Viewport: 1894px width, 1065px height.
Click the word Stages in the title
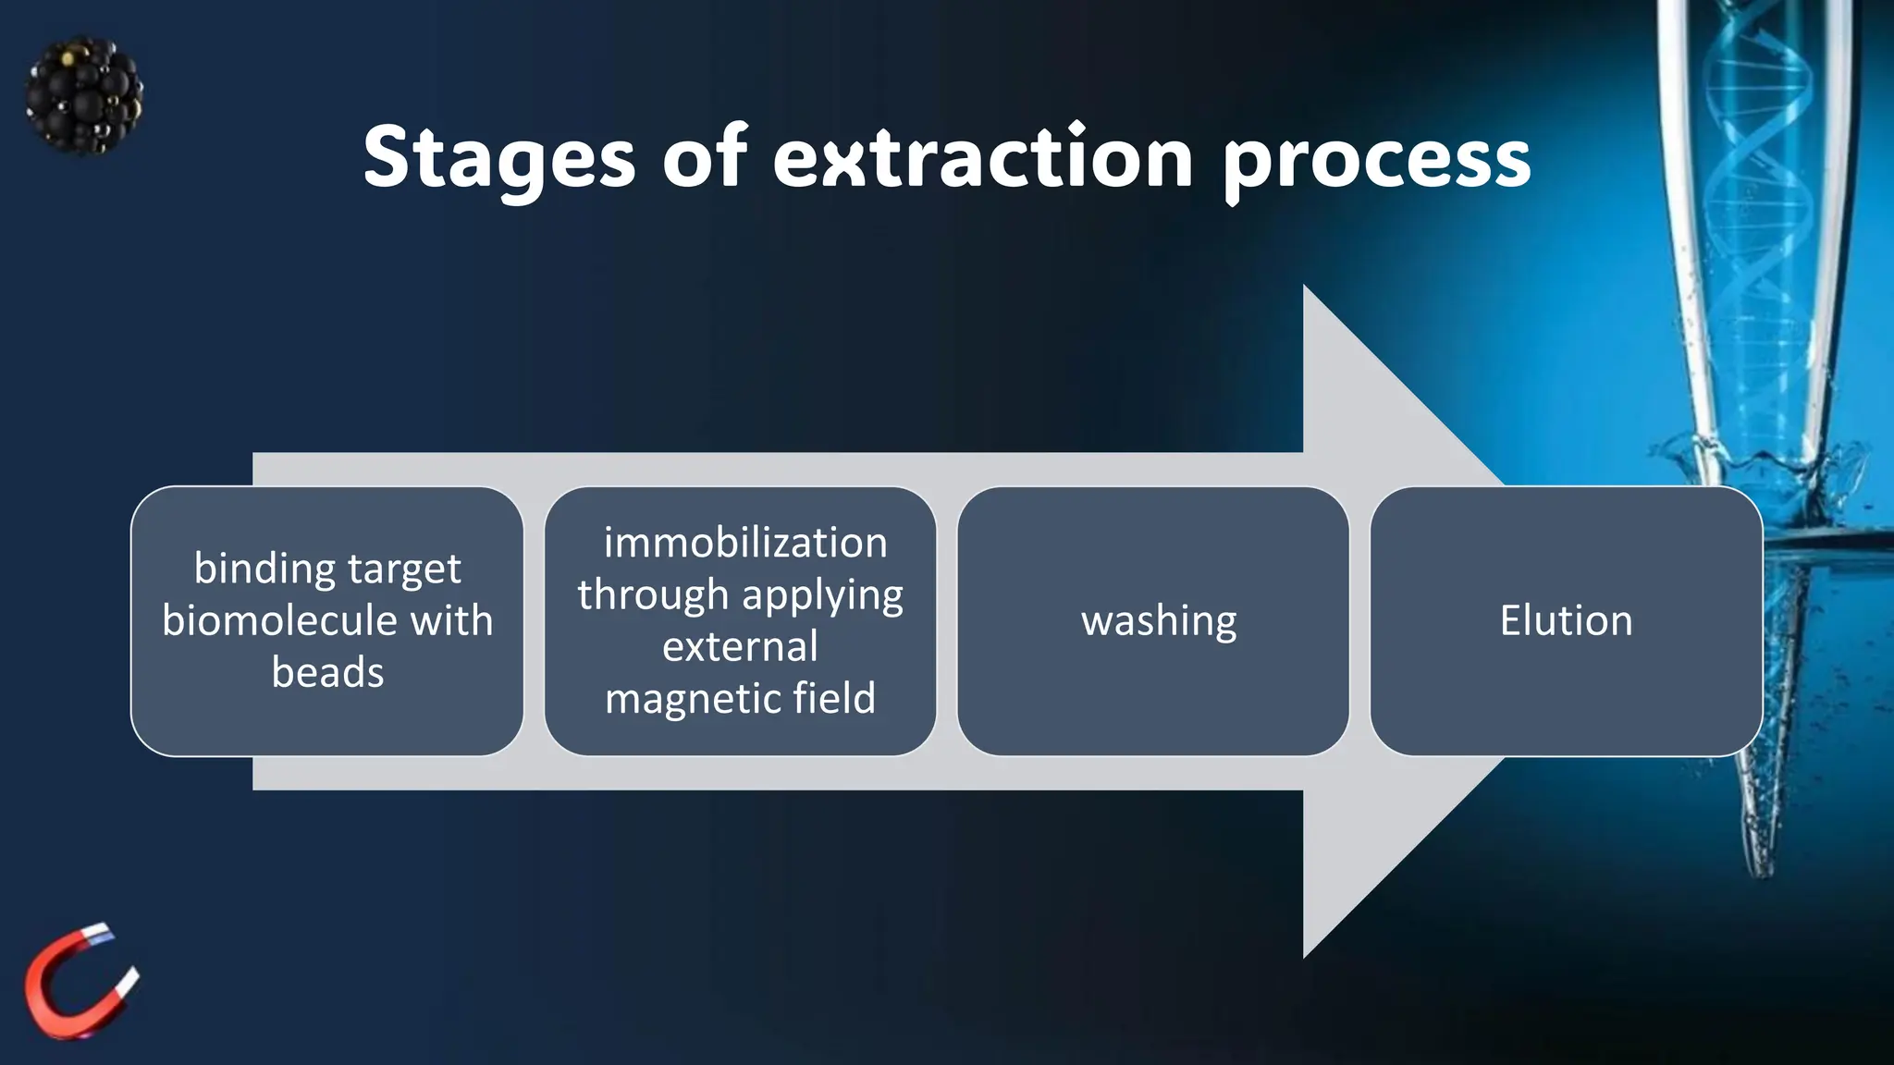pos(498,159)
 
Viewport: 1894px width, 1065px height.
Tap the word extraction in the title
pos(982,159)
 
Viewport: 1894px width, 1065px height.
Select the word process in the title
pos(1376,162)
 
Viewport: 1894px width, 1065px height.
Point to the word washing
pos(1158,621)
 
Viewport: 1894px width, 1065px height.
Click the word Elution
pos(1566,620)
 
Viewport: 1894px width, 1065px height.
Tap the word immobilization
pos(744,543)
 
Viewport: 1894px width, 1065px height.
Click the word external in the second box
pos(740,646)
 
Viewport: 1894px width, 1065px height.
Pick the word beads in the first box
pos(327,672)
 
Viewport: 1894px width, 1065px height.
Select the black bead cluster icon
pos(84,95)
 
